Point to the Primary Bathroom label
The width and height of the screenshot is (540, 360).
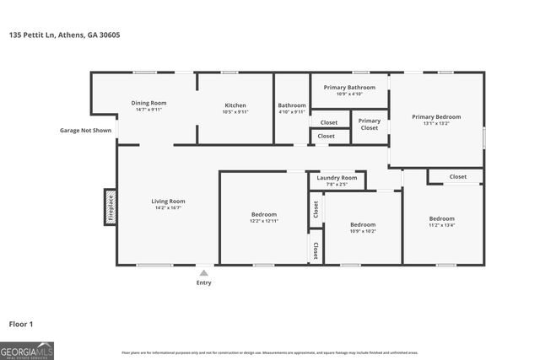click(349, 87)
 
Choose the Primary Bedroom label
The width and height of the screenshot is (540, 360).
click(436, 116)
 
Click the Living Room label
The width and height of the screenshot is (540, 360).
click(168, 201)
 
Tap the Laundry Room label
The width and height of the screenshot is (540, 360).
click(337, 178)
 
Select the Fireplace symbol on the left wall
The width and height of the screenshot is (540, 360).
click(111, 207)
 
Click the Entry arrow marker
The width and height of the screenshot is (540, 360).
click(204, 272)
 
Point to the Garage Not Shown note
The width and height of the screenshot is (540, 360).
click(85, 131)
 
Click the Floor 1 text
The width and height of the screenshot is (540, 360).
click(21, 323)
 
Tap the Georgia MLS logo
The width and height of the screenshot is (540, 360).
click(27, 349)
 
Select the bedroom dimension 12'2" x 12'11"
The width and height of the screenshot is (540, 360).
click(263, 221)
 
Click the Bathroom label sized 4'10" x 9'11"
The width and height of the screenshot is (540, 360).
click(292, 112)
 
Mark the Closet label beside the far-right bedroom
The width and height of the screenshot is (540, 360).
click(457, 177)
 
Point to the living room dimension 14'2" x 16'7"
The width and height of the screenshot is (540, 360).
click(168, 207)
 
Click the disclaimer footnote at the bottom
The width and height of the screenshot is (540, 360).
click(270, 352)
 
